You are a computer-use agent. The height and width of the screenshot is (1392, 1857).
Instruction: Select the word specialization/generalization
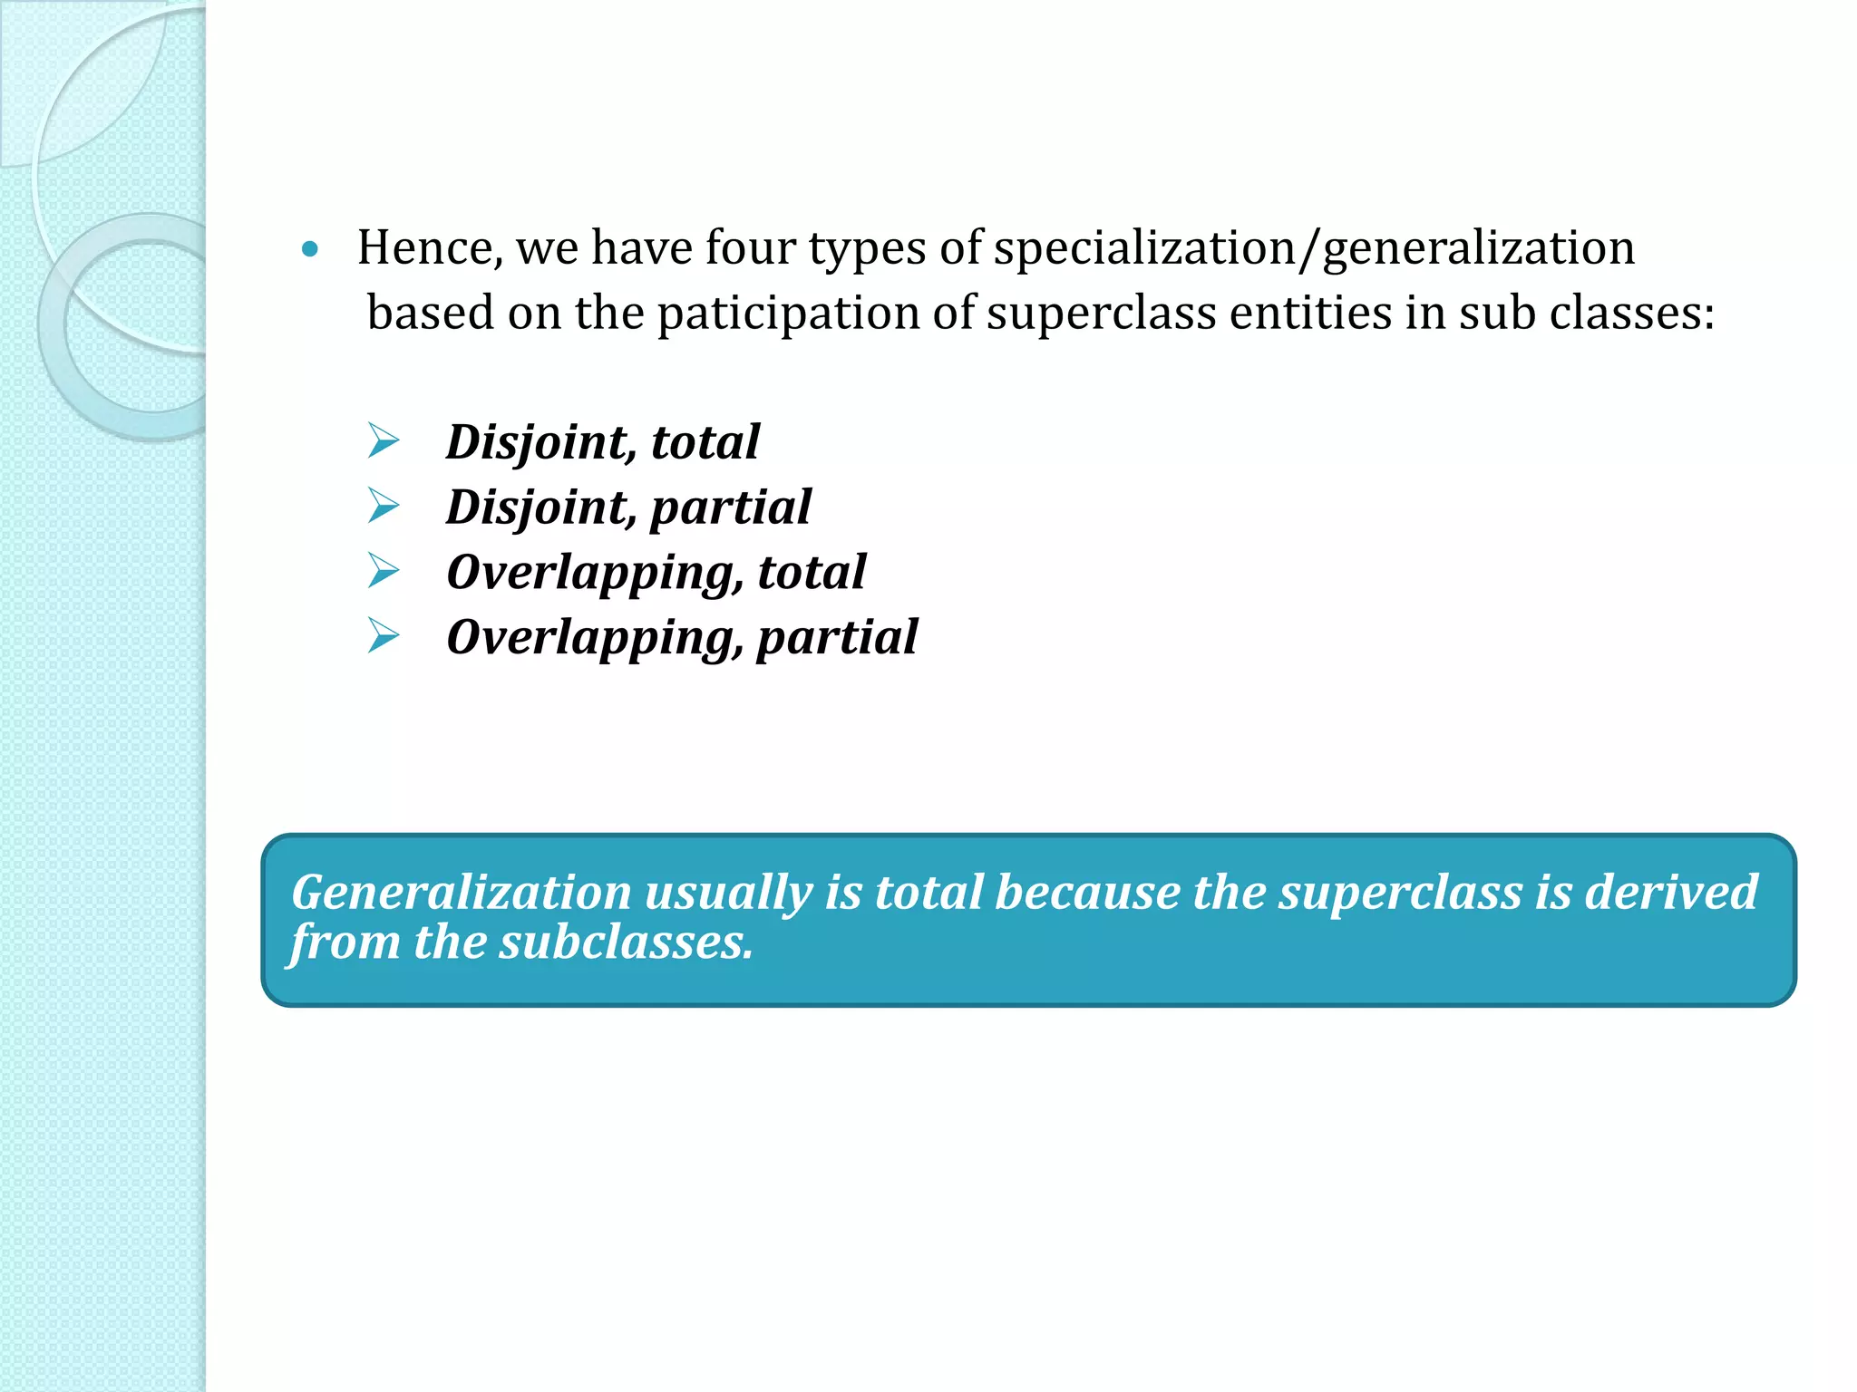(x=1314, y=247)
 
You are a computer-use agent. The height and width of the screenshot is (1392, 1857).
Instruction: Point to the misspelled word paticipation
(x=815, y=314)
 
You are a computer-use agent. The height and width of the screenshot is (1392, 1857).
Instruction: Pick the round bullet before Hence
(x=310, y=249)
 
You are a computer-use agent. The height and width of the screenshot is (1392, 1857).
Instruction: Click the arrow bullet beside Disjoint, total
(x=384, y=441)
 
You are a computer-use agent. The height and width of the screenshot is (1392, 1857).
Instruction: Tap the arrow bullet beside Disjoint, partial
(x=384, y=506)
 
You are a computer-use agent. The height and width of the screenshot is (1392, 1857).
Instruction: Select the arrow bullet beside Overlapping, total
(x=384, y=571)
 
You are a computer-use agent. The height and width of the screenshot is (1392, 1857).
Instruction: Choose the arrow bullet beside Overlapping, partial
(x=384, y=636)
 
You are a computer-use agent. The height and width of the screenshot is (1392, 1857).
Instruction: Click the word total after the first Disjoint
(x=705, y=442)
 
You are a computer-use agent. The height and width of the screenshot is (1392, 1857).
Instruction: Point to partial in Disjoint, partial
(x=731, y=507)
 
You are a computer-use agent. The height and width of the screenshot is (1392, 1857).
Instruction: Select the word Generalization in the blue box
(x=461, y=893)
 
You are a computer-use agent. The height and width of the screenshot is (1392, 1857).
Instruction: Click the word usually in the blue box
(x=727, y=893)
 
